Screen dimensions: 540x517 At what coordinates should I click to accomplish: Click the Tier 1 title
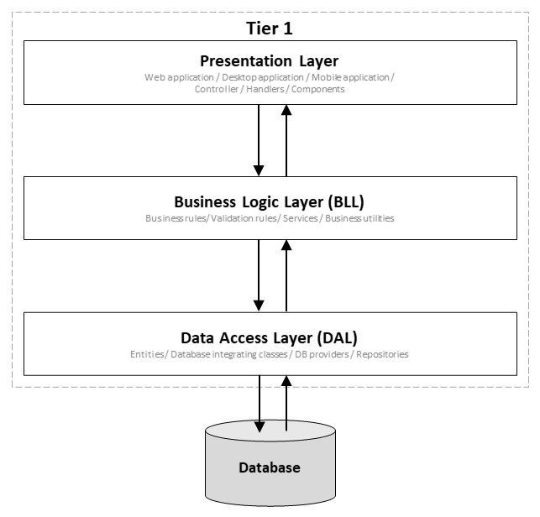270,29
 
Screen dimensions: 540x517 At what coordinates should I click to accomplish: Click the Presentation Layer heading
270,61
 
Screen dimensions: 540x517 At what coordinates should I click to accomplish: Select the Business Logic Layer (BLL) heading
269,202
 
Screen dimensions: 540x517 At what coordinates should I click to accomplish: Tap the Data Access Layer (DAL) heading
269,338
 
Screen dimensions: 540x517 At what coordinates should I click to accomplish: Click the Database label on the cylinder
270,467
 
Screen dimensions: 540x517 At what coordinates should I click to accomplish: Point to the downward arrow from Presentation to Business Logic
259,140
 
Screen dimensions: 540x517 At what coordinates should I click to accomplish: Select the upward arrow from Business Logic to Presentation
286,140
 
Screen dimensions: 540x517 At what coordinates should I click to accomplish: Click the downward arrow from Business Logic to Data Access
259,276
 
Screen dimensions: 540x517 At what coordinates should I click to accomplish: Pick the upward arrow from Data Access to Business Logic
286,276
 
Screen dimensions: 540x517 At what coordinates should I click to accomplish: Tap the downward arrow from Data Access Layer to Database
260,404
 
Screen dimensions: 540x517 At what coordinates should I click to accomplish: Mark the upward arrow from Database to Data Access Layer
286,403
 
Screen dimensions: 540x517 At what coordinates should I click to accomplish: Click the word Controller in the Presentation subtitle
217,89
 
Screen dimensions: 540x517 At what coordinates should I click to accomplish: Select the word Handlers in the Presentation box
265,89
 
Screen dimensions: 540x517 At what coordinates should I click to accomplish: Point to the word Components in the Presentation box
318,90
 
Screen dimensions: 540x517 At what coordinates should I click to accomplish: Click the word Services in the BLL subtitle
301,218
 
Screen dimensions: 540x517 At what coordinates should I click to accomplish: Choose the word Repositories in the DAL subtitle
382,354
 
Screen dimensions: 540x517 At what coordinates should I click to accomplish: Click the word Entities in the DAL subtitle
147,354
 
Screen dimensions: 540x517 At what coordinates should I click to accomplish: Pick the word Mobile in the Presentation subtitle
326,77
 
